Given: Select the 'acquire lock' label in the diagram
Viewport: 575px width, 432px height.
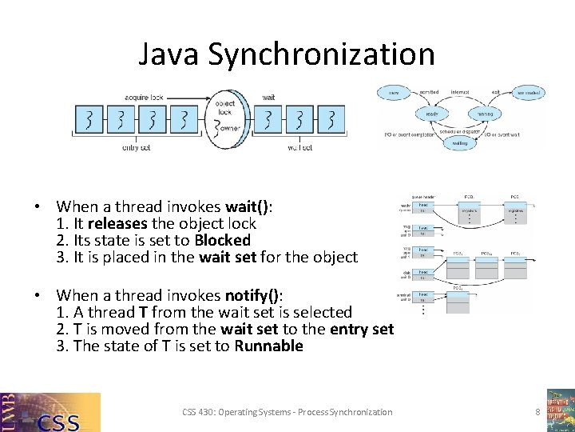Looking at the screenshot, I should pos(144,98).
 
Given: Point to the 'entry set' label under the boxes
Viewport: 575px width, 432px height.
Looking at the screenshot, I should pos(136,147).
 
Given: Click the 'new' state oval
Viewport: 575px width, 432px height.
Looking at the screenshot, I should pos(393,93).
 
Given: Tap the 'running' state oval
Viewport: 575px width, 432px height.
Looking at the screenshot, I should pos(486,114).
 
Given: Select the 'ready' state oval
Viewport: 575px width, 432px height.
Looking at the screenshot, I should pos(432,114).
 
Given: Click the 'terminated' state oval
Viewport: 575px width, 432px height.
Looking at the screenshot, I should pos(528,93).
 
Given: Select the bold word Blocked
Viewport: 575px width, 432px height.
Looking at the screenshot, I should pos(223,240).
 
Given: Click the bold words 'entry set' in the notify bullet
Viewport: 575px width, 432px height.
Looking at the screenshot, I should pos(362,329).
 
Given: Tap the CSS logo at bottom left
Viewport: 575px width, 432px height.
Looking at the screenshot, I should pos(51,412).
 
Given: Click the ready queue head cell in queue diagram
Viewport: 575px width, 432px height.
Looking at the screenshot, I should pos(424,207).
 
